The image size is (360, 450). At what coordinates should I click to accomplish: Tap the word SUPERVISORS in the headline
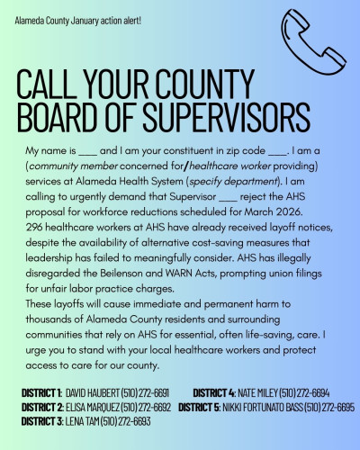221,117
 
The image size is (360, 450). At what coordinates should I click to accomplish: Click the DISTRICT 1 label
40,393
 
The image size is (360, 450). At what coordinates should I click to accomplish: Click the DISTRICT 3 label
40,420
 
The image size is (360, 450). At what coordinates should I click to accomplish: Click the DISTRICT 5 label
206,407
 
